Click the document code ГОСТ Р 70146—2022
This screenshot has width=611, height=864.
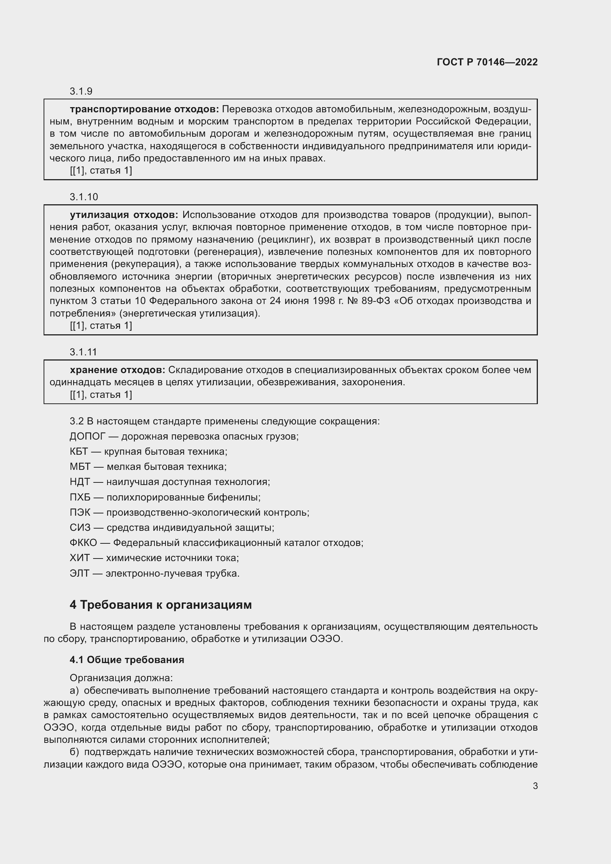(487, 62)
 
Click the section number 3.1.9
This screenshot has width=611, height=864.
(81, 91)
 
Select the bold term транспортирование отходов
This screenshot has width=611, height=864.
(144, 109)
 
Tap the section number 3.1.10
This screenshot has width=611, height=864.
(83, 197)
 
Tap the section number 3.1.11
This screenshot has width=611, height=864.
(83, 352)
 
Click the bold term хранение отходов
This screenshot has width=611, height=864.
(117, 370)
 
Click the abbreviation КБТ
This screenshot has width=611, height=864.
(79, 451)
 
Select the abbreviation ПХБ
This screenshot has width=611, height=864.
(80, 497)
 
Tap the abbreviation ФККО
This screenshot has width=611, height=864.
(83, 543)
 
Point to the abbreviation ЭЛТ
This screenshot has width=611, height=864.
(79, 573)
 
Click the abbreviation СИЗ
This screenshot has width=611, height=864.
(80, 527)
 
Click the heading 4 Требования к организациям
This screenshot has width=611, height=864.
(161, 605)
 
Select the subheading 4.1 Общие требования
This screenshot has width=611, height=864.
(127, 660)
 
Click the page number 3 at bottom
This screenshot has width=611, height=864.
(535, 786)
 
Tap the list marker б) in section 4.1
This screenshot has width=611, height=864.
(74, 752)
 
